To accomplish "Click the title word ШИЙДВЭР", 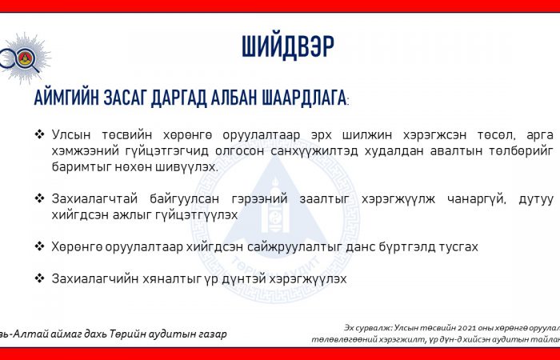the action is tap(288, 46).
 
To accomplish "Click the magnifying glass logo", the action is tap(23, 58).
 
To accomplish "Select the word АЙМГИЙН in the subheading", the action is tap(66, 98).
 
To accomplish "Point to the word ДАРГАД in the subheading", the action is tap(178, 98).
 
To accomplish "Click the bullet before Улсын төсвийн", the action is tap(39, 134).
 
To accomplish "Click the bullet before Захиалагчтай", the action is tap(39, 198).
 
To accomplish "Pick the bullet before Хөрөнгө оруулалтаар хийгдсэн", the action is tap(39, 246).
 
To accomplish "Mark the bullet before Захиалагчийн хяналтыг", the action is tap(39, 278).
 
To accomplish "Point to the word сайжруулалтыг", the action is tap(290, 246).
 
